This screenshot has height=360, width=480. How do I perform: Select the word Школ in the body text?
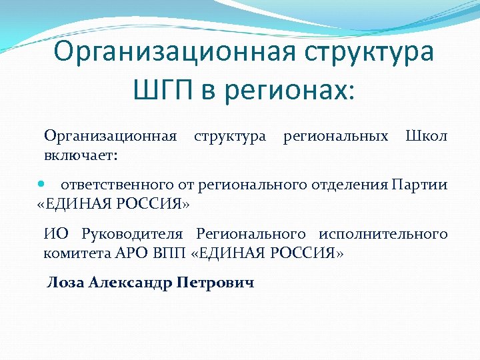(x=427, y=137)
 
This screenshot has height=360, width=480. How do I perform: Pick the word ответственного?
(x=118, y=185)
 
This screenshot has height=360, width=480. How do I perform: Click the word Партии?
(x=420, y=185)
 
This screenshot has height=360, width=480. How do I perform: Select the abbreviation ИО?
(x=55, y=234)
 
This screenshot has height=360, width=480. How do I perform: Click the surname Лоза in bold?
(x=64, y=283)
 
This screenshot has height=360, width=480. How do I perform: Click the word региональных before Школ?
(x=335, y=137)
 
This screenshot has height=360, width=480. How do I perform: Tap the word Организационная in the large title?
(x=175, y=52)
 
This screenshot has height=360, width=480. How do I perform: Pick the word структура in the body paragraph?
(x=229, y=137)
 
